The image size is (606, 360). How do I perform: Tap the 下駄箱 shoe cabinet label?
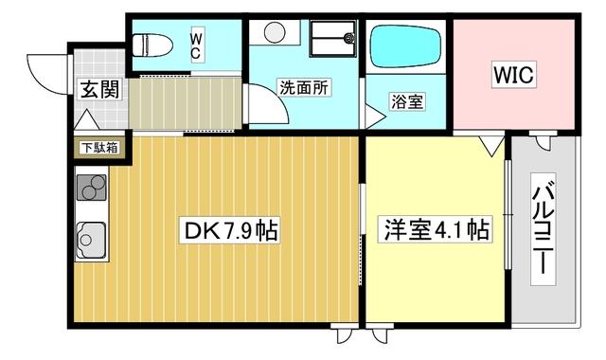[x=98, y=148]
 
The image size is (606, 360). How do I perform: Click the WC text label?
[x=197, y=45]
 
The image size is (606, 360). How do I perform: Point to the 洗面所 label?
[x=303, y=87]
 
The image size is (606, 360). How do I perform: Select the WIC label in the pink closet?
[x=512, y=73]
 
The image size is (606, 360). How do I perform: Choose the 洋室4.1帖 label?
[x=435, y=229]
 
